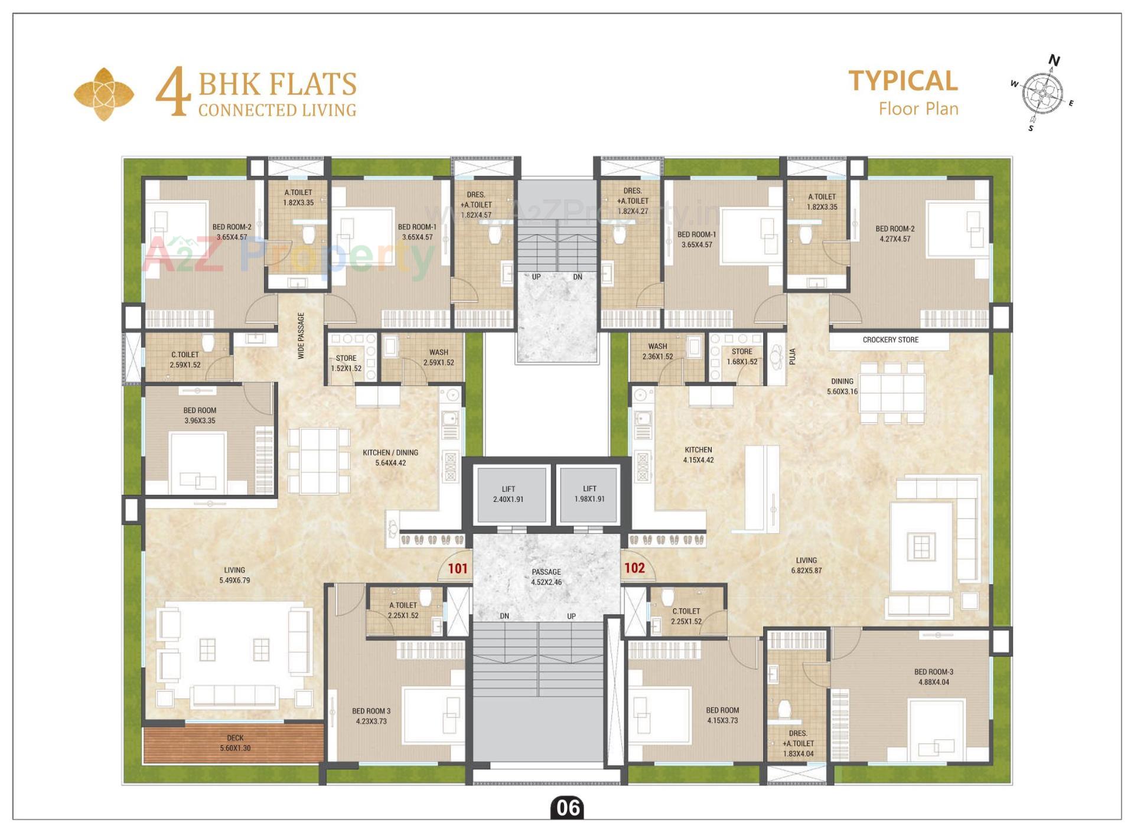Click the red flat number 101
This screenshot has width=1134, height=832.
pyautogui.click(x=458, y=569)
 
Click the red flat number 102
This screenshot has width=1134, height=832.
pyautogui.click(x=634, y=568)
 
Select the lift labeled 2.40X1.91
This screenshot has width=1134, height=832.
pyautogui.click(x=509, y=494)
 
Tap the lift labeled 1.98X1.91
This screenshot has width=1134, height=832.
pyautogui.click(x=589, y=494)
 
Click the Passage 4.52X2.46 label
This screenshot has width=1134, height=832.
pyautogui.click(x=546, y=577)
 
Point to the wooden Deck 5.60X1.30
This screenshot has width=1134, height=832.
pyautogui.click(x=234, y=743)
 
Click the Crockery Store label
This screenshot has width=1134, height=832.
pyautogui.click(x=890, y=340)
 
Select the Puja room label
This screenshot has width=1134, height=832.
pyautogui.click(x=793, y=356)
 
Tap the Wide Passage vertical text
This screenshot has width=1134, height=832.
pyautogui.click(x=301, y=336)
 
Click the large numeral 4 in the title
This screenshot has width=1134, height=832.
pyautogui.click(x=173, y=92)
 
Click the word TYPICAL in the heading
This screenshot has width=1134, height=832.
pyautogui.click(x=903, y=81)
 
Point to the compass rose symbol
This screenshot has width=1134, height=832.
pyautogui.click(x=1042, y=93)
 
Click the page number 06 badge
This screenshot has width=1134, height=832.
pyautogui.click(x=568, y=807)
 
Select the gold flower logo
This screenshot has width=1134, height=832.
pyautogui.click(x=104, y=94)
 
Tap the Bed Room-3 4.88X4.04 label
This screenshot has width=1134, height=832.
pyautogui.click(x=934, y=677)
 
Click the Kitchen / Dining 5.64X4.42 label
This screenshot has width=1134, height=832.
pyautogui.click(x=390, y=458)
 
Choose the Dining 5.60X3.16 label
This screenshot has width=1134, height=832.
pyautogui.click(x=842, y=386)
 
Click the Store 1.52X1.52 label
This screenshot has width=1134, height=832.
pyautogui.click(x=346, y=363)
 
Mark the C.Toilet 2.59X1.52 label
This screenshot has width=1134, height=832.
pyautogui.click(x=185, y=360)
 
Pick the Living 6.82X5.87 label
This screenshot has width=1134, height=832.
pyautogui.click(x=806, y=565)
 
